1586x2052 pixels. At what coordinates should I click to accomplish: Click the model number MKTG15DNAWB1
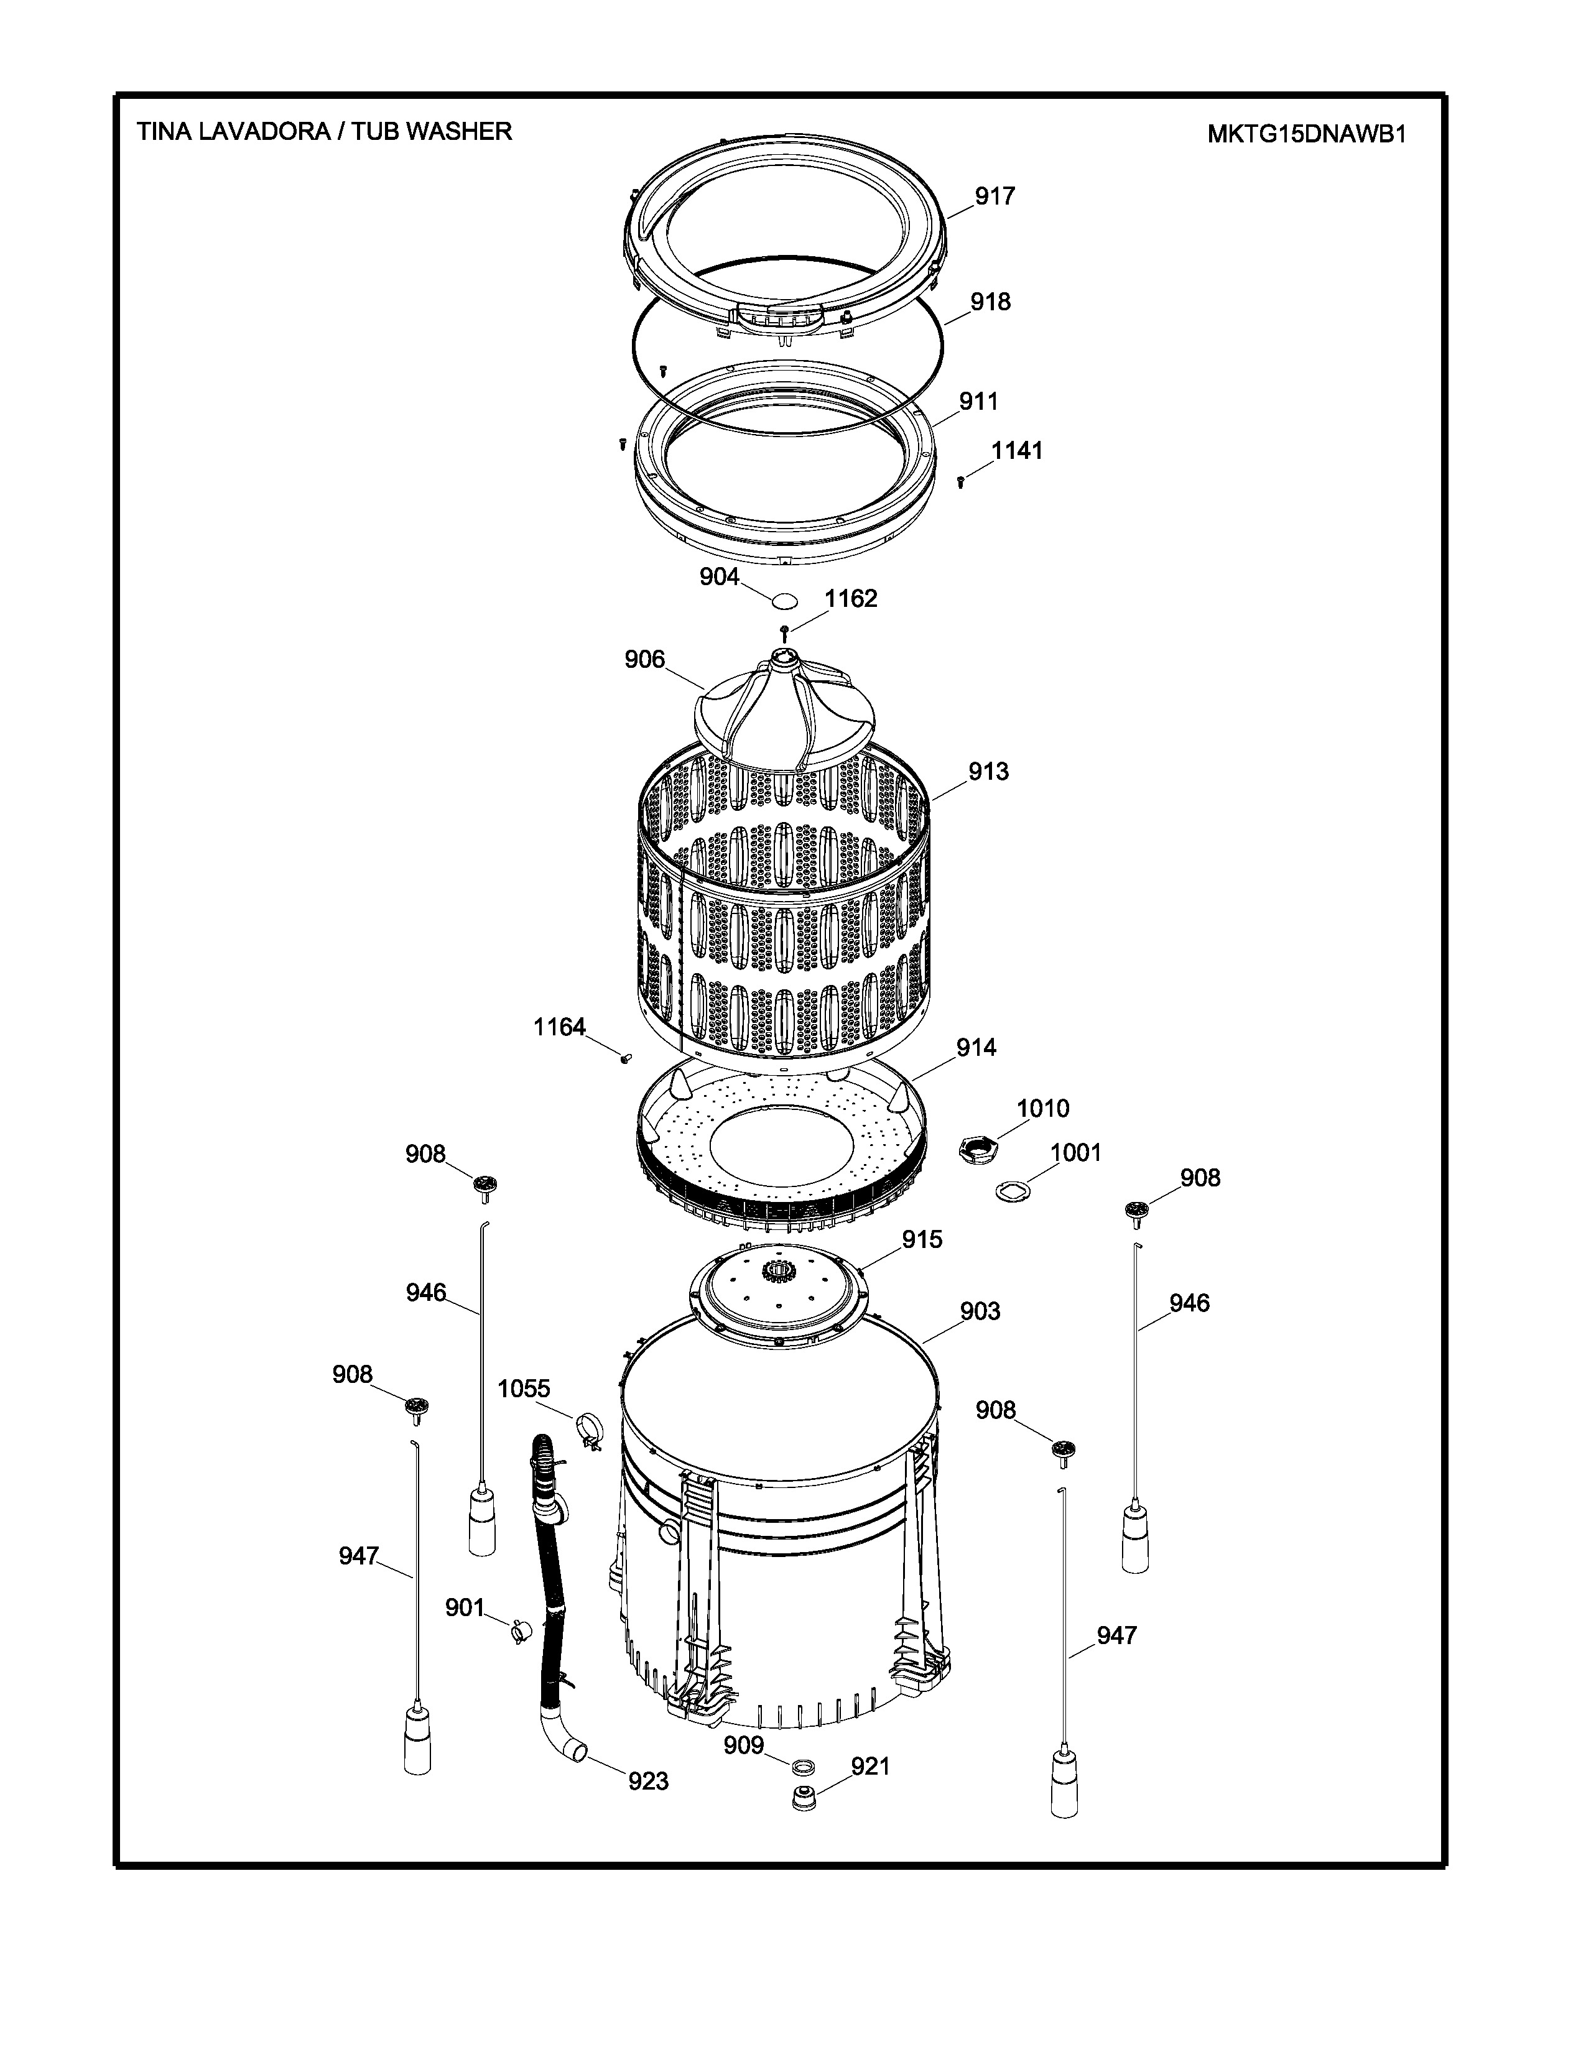click(1306, 134)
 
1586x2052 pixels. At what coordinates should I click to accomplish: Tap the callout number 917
click(994, 196)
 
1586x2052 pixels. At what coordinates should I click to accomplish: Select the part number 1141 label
click(1018, 451)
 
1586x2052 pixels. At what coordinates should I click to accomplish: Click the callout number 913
click(988, 772)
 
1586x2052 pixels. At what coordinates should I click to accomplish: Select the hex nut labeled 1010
click(976, 1148)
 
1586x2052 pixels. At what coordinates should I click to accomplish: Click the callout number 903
click(979, 1311)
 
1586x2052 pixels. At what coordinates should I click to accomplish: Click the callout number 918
click(990, 302)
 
